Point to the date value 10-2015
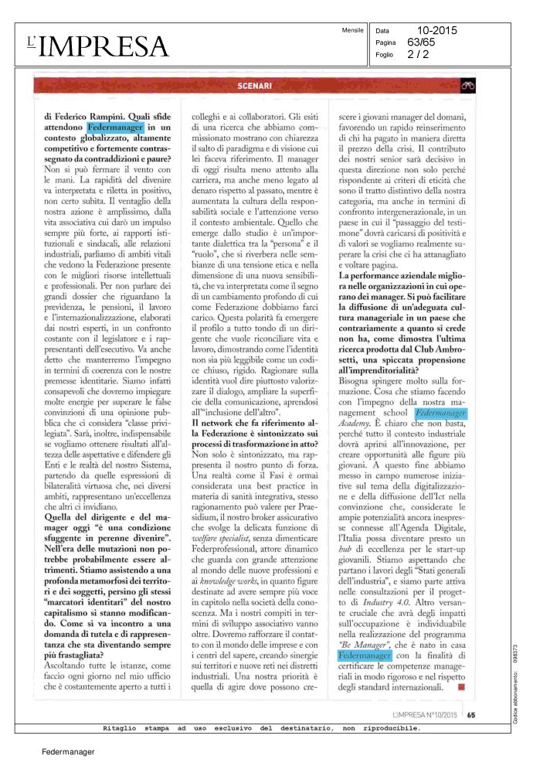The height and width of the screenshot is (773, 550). (x=437, y=31)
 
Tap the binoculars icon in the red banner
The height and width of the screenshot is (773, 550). (x=466, y=86)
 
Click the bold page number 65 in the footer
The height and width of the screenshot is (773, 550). (x=470, y=714)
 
